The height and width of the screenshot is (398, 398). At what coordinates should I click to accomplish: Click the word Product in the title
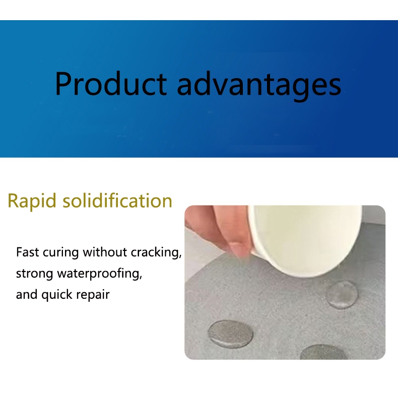coord(111,83)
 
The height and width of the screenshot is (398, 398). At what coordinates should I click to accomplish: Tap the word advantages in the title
coord(259,86)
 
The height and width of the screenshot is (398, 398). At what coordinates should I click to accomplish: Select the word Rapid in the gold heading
coord(32,201)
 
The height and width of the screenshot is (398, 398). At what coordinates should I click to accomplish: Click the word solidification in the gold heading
coord(117,201)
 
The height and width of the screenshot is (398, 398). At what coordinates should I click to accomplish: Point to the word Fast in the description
coord(28,252)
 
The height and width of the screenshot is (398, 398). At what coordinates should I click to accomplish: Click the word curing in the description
coord(60,253)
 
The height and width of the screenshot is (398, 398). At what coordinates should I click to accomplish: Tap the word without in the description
coord(105,252)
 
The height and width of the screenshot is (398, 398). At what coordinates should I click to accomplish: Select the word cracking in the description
coord(155,253)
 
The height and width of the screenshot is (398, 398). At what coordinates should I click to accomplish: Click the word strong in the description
coord(35,275)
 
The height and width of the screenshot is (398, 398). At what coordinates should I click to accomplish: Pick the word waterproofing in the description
coord(98,274)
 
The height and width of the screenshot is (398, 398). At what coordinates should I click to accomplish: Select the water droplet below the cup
coord(342,294)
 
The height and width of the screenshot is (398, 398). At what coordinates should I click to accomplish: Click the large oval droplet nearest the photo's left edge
coord(230,334)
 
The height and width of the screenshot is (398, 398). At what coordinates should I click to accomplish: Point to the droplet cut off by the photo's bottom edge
coord(323,352)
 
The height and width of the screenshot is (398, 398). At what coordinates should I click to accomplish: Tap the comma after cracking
coord(180,257)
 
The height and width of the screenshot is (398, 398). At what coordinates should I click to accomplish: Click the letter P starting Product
coord(62,84)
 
